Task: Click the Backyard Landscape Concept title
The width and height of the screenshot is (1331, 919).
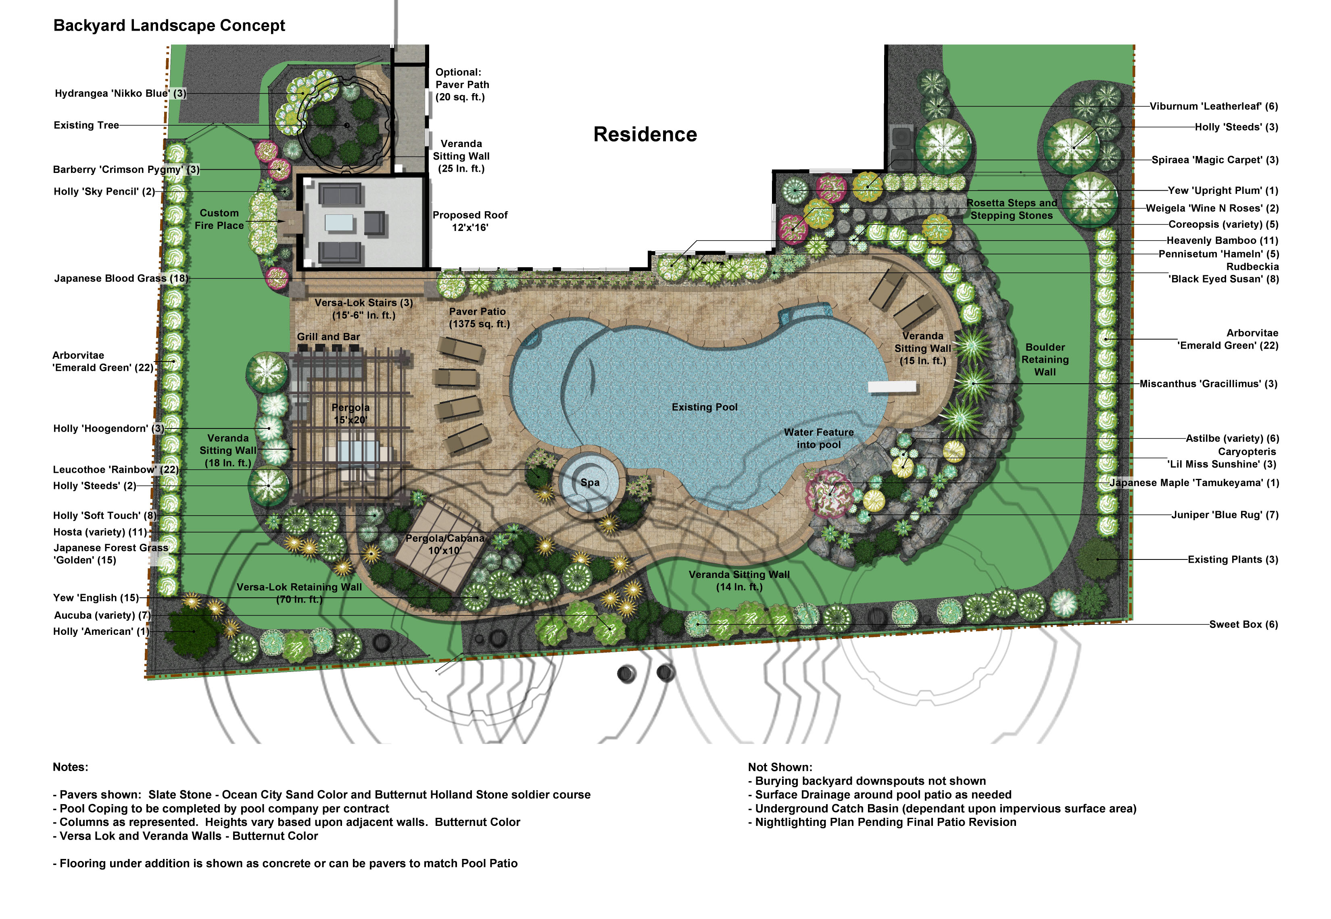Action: click(x=169, y=25)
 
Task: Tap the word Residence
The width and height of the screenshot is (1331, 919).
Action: click(x=645, y=134)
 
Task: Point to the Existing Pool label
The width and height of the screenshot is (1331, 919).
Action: click(x=704, y=407)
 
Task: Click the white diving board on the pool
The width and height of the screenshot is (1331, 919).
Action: click(x=891, y=387)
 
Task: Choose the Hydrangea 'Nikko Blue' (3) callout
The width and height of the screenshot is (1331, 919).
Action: click(x=121, y=93)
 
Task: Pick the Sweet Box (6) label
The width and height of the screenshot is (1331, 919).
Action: click(x=1243, y=624)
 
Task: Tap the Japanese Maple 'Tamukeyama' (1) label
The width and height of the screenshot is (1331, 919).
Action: click(x=1194, y=482)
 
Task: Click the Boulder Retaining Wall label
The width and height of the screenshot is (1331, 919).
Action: click(x=1045, y=359)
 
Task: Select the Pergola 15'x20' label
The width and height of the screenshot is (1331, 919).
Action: click(x=350, y=414)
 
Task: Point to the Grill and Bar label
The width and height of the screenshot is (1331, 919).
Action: click(x=328, y=337)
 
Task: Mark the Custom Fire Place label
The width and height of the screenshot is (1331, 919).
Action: click(x=219, y=219)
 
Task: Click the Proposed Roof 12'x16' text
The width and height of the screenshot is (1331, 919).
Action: click(x=470, y=221)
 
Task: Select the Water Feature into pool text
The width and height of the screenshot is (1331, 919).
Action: click(x=819, y=438)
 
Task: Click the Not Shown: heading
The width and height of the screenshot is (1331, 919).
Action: click(x=780, y=767)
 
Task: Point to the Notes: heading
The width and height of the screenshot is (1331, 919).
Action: click(x=70, y=767)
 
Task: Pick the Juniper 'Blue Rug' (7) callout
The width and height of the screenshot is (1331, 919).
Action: click(x=1225, y=515)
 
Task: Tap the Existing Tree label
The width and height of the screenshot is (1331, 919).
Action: click(x=86, y=125)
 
